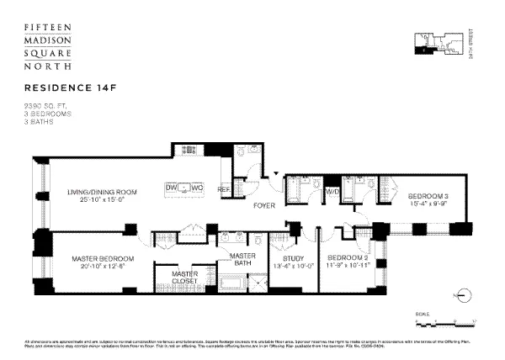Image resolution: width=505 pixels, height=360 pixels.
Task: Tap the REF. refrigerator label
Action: click(225, 188)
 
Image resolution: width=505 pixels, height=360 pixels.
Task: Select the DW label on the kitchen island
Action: click(172, 186)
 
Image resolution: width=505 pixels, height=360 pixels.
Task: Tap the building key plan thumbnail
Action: click(437, 41)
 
